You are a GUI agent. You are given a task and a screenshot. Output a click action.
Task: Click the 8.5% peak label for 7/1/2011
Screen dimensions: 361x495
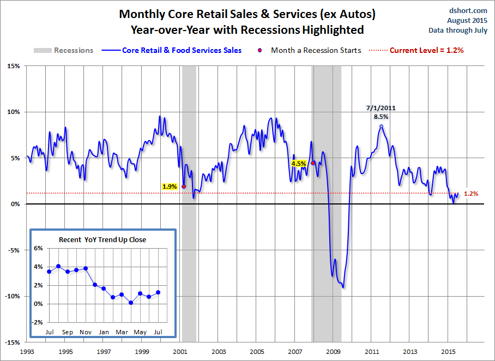(x=381, y=116)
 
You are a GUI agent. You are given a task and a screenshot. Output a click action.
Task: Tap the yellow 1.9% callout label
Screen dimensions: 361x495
(x=170, y=186)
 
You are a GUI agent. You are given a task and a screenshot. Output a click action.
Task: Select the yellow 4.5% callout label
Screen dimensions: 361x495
(x=299, y=163)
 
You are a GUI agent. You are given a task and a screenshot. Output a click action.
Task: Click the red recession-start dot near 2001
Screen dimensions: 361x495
(x=184, y=186)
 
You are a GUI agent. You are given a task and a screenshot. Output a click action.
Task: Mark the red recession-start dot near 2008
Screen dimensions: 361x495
(x=313, y=163)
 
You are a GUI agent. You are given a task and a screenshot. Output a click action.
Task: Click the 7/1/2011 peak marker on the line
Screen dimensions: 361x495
(x=381, y=126)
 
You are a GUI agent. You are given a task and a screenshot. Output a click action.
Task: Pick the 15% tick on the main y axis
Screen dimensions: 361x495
(x=14, y=67)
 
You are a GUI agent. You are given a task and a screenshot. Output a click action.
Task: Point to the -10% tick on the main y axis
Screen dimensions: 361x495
(x=13, y=296)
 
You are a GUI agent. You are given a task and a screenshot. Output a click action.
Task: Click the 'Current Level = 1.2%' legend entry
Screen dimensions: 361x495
(x=426, y=50)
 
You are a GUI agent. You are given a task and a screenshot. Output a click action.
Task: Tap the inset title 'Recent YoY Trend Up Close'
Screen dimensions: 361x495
(x=102, y=239)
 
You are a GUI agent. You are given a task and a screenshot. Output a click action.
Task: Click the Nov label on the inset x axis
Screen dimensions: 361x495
(x=86, y=332)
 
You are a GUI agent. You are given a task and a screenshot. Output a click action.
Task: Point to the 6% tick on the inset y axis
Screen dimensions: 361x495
(x=39, y=248)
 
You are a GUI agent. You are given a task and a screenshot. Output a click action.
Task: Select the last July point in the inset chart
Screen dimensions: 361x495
(x=159, y=292)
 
